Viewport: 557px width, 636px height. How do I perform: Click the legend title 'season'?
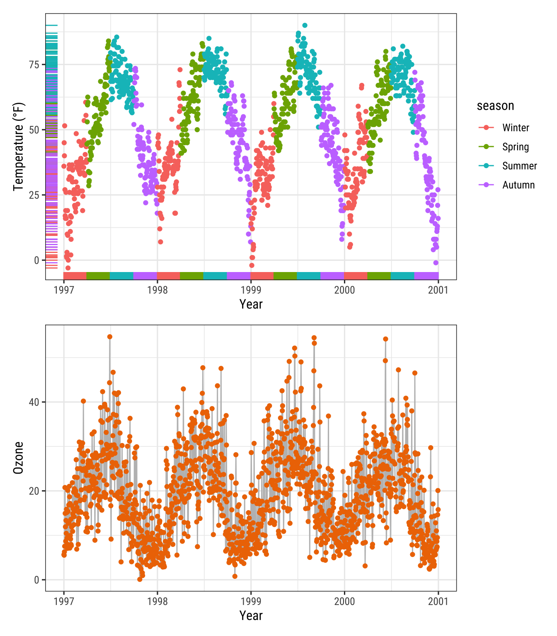(495, 106)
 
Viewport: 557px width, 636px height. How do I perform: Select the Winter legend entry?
(515, 128)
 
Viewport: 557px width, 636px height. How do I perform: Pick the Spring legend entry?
(515, 147)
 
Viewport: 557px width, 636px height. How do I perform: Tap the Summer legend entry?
(519, 166)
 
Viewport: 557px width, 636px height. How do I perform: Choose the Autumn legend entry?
(518, 185)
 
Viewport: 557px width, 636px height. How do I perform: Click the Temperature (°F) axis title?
(19, 147)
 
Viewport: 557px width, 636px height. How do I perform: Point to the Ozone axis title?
(19, 458)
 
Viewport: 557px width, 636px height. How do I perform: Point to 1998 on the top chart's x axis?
(157, 290)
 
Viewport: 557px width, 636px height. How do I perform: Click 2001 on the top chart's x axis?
(438, 290)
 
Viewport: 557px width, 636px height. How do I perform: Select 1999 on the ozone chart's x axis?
(251, 601)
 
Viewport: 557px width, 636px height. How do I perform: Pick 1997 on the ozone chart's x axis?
(64, 601)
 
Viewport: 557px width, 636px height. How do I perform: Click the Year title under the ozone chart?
(251, 616)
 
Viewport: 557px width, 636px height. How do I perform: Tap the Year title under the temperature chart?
(251, 304)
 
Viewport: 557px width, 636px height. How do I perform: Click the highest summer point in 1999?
(305, 25)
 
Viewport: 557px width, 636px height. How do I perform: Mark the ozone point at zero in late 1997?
(140, 579)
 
